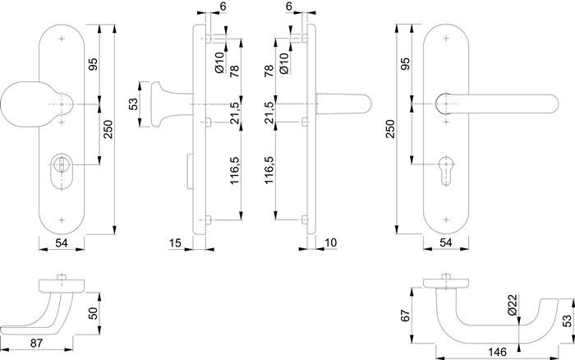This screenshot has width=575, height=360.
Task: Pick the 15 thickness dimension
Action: click(174, 242)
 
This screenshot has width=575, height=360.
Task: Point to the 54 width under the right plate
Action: click(444, 243)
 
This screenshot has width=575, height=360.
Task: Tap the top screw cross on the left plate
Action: click(62, 39)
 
